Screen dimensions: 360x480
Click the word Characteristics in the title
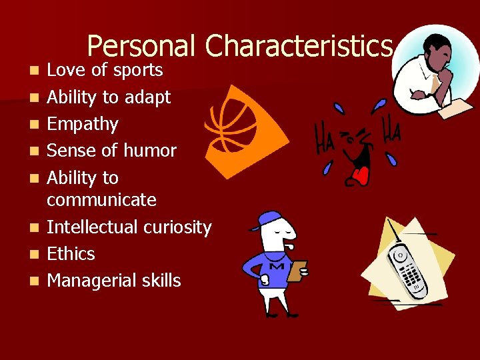pos(299,47)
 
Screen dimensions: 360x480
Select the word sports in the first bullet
pos(137,71)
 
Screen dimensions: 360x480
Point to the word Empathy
pos(82,125)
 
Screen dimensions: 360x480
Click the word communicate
pos(101,200)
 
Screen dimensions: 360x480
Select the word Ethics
pos(71,254)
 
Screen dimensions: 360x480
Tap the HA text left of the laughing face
pos(326,137)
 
